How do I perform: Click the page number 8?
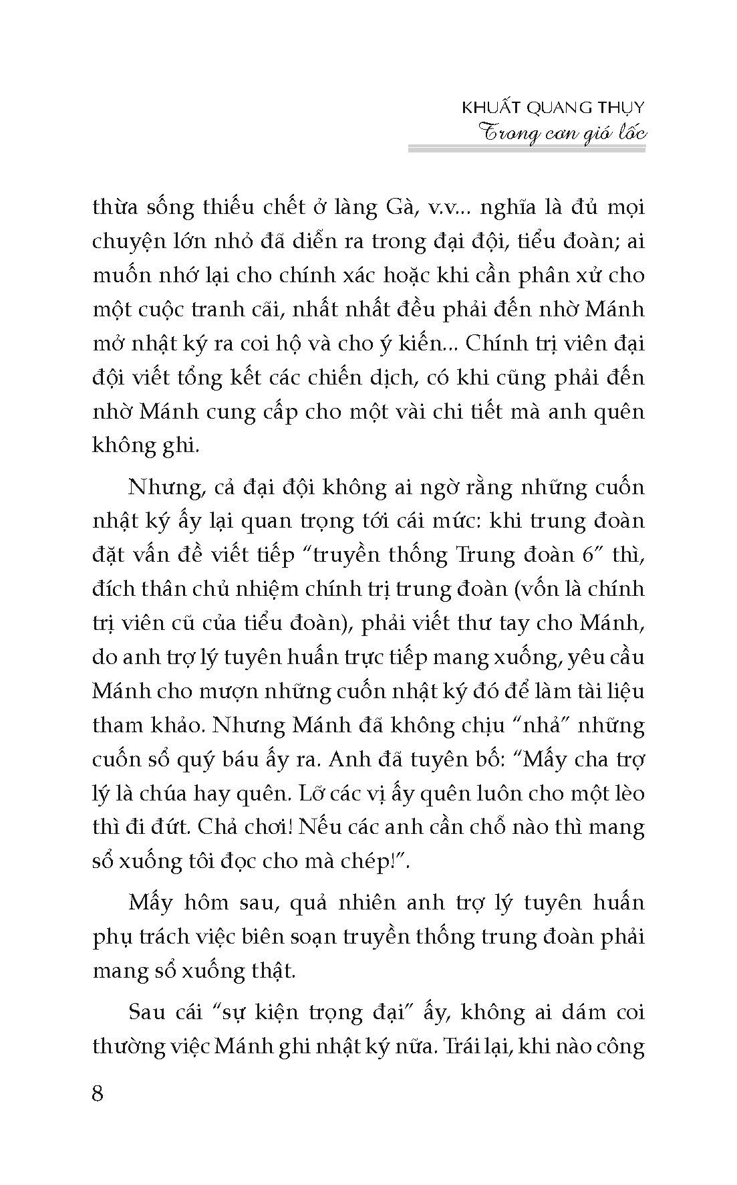(98, 1095)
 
